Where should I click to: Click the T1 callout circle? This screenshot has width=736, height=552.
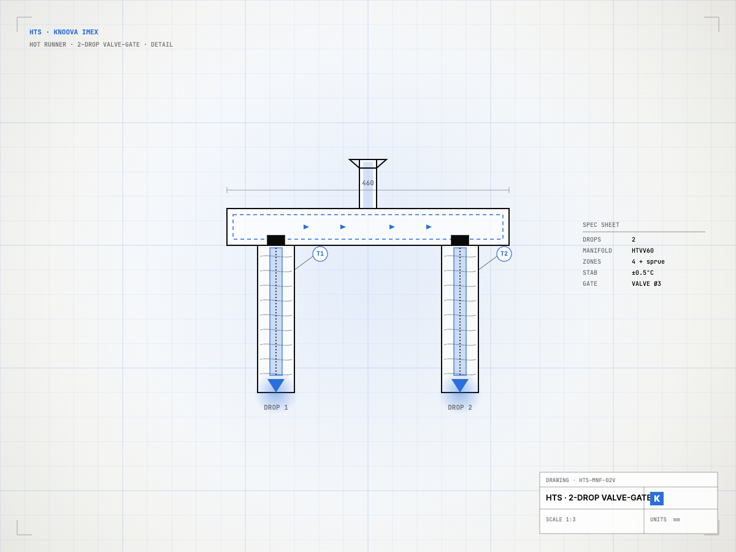(320, 254)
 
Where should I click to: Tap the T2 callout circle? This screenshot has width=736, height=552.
(504, 254)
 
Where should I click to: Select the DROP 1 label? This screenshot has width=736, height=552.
(275, 407)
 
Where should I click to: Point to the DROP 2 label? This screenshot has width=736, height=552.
(460, 407)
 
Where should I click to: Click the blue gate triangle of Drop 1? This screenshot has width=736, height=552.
(276, 384)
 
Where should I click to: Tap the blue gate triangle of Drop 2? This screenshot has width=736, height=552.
(460, 384)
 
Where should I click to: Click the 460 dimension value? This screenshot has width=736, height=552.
(368, 183)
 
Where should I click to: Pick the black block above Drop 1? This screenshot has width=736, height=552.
(276, 240)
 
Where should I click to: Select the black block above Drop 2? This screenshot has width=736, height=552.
(460, 240)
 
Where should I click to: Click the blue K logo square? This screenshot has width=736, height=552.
(656, 499)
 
